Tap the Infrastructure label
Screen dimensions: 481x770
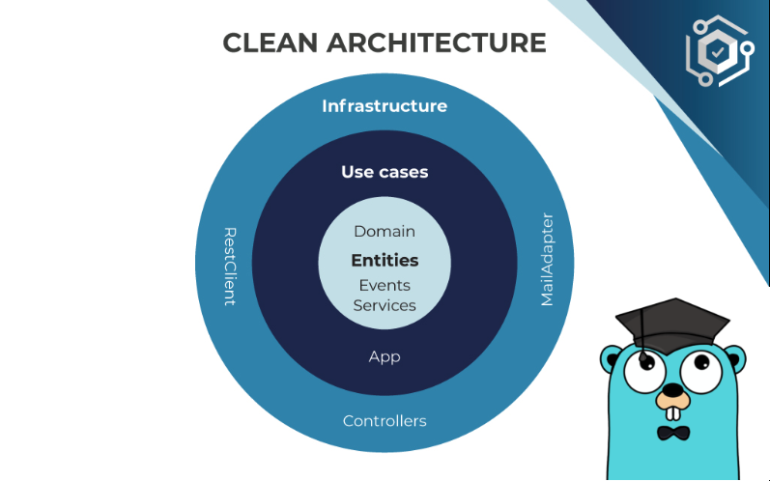click(x=385, y=106)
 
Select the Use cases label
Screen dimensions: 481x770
click(x=385, y=172)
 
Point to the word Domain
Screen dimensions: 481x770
click(x=385, y=232)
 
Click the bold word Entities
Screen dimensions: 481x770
click(x=385, y=261)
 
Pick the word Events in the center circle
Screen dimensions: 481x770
click(x=385, y=286)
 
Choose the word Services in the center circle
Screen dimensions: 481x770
click(x=385, y=306)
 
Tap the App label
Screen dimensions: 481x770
click(x=385, y=356)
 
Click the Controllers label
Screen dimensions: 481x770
click(x=385, y=421)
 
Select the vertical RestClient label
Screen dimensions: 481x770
click(x=229, y=267)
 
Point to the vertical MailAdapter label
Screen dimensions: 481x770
click(x=548, y=259)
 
